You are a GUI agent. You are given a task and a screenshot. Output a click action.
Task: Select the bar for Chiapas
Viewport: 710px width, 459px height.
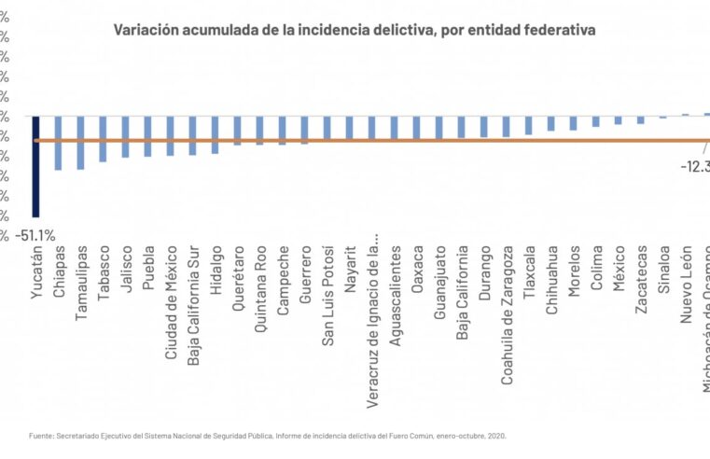pyautogui.click(x=58, y=143)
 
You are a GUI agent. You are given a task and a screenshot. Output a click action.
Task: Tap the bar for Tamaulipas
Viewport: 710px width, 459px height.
pyautogui.click(x=80, y=143)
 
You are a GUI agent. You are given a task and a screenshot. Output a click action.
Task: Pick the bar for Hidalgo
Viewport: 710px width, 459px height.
pyautogui.click(x=215, y=134)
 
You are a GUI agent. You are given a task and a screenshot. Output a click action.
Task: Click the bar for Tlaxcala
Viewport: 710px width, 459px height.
pyautogui.click(x=528, y=126)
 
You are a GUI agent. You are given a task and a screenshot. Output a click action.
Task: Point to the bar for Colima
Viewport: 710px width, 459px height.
pyautogui.click(x=595, y=121)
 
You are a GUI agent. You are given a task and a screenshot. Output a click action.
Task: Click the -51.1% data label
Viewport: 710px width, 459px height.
pyautogui.click(x=35, y=235)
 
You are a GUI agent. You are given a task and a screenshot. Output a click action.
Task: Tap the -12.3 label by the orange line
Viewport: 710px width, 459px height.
pyautogui.click(x=694, y=166)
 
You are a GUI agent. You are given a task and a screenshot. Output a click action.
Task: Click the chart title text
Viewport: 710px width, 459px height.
pyautogui.click(x=355, y=30)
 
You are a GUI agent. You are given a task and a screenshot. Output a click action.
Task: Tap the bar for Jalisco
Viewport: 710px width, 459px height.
pyautogui.click(x=125, y=137)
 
